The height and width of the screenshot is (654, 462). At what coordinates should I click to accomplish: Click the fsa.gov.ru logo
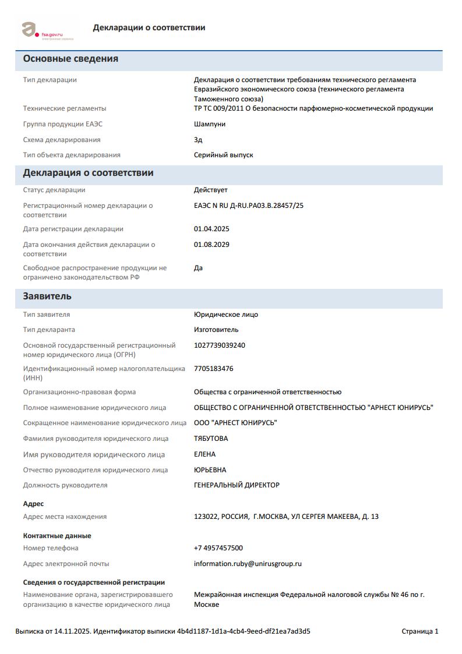point(47,30)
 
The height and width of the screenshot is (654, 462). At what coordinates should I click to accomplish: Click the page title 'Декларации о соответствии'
point(149,27)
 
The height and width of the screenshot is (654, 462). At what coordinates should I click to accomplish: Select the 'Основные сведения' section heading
point(70,59)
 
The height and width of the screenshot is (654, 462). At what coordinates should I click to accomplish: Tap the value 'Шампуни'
point(210,124)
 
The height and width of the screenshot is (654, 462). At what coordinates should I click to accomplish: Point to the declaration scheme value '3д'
point(198,140)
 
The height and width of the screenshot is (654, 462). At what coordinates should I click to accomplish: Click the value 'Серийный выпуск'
point(223,155)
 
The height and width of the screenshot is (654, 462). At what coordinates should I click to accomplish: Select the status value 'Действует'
point(211,190)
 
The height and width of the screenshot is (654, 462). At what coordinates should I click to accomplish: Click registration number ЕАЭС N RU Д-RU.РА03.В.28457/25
point(249,206)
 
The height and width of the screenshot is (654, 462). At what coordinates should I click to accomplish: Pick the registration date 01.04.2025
point(211,229)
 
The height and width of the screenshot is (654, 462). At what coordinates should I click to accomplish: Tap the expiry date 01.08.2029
point(211,245)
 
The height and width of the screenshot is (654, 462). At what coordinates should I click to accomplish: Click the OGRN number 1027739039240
point(220,345)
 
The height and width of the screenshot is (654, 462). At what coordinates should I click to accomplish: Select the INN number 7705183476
point(214,369)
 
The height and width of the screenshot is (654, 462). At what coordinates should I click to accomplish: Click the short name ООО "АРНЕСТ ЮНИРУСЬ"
point(235,423)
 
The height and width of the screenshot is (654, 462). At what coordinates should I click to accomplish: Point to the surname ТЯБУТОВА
point(211,439)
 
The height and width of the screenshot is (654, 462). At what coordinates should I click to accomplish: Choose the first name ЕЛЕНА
point(204,454)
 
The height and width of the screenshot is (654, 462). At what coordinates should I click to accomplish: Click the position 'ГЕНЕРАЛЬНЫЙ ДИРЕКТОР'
point(237,485)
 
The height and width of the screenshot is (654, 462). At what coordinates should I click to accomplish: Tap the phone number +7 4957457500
point(218,548)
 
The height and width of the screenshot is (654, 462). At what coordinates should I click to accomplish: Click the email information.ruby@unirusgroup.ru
point(248,564)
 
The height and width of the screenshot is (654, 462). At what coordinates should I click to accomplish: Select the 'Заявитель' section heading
point(47,296)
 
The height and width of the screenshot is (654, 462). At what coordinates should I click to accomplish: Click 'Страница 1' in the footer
point(420,631)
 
